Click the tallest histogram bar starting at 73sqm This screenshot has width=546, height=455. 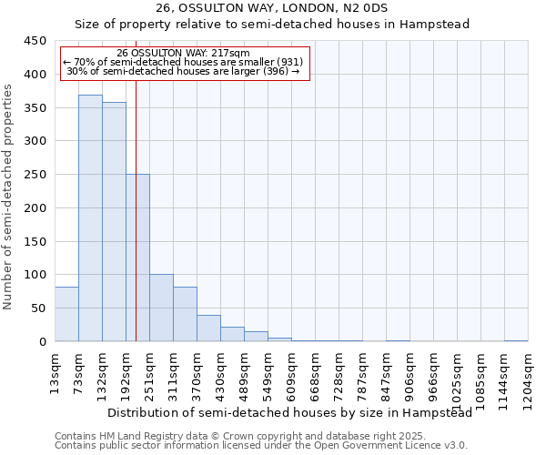click(x=90, y=218)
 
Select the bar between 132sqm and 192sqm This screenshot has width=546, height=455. click(x=114, y=222)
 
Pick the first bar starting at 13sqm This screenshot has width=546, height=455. click(x=66, y=314)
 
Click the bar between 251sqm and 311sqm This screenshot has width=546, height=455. click(x=161, y=308)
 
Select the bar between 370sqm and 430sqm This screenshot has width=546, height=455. click(x=208, y=328)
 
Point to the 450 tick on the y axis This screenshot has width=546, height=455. click(x=35, y=41)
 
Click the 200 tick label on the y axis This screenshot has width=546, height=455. click(x=35, y=208)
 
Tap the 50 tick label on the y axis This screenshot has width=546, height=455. click(x=38, y=308)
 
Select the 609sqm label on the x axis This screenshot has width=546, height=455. click(x=291, y=370)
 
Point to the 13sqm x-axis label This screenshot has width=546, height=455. click(x=55, y=368)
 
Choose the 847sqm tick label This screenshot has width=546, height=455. click(x=386, y=370)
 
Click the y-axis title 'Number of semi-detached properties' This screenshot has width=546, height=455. click(x=8, y=197)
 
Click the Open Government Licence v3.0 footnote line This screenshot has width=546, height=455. click(x=260, y=445)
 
